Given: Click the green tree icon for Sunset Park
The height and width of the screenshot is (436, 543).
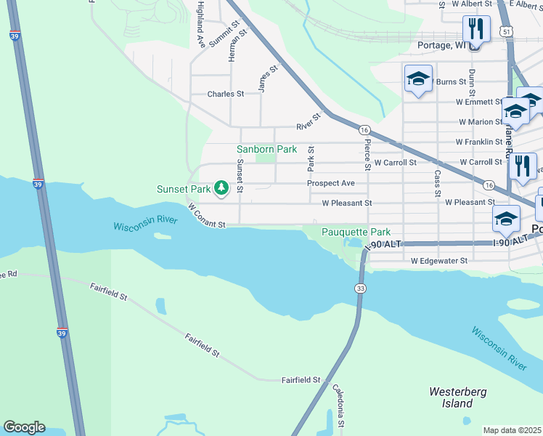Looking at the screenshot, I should click(221, 188).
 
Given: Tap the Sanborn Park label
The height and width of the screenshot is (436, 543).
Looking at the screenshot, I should click(267, 149).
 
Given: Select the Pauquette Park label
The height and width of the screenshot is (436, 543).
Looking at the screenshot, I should click(351, 232).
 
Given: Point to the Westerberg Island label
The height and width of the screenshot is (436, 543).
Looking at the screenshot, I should click(457, 397).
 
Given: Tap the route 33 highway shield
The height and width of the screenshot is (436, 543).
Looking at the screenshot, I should click(361, 289).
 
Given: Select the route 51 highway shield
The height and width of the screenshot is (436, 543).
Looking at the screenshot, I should click(505, 31).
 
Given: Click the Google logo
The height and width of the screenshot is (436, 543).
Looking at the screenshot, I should click(24, 427).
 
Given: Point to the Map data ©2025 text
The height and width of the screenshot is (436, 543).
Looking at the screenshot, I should click(513, 430).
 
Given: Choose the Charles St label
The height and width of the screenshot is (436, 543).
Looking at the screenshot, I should click(226, 94).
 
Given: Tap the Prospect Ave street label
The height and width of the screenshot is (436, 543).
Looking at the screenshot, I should click(330, 183).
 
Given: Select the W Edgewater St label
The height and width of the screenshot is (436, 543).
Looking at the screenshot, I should click(439, 260).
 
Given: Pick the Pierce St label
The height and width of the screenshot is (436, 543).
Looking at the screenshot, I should click(368, 155).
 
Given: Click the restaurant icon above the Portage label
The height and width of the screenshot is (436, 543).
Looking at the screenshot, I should click(473, 29).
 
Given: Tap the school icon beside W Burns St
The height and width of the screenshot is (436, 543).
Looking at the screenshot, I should click(418, 79).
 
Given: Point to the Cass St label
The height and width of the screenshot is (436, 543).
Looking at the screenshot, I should click(437, 183).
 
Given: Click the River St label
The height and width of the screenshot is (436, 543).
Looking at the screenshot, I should click(308, 121).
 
